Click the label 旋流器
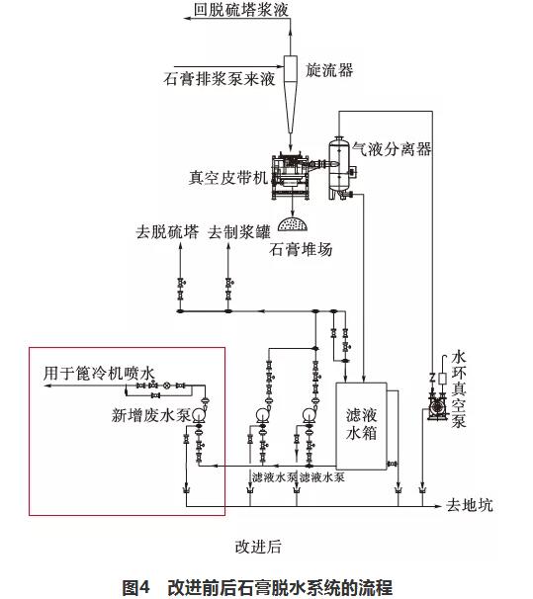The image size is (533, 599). point(329,70)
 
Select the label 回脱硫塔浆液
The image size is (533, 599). point(240,10)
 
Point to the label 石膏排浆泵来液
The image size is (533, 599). point(220,79)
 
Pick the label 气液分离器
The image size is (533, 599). point(392,148)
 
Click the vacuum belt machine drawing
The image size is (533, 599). point(291,177)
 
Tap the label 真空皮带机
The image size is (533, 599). point(228,178)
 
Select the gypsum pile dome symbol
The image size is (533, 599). point(293,224)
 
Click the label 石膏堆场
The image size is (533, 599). point(301,249)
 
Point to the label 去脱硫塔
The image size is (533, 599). point(167,232)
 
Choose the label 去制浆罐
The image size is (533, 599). point(239,232)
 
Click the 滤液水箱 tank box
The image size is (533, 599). point(361,426)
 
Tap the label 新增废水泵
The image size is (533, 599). point(151,415)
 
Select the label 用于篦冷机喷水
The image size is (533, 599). point(99,374)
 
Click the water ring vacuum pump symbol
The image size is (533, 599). point(437,408)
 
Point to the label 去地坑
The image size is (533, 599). point(470,505)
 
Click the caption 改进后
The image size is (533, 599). point(258,547)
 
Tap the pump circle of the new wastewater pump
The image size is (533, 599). point(199,414)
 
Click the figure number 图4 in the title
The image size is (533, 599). point(135,587)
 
